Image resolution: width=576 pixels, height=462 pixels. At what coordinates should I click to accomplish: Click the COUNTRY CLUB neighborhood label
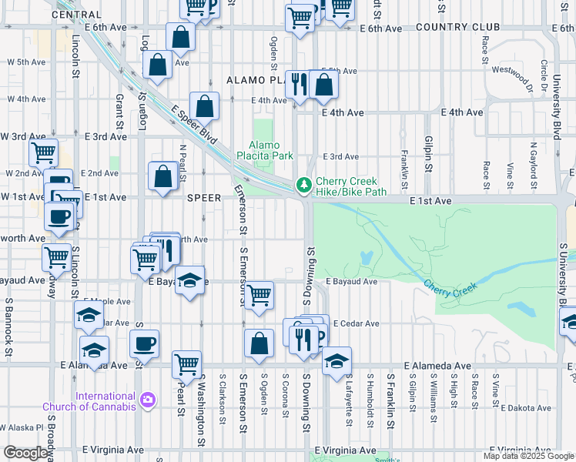(457, 27)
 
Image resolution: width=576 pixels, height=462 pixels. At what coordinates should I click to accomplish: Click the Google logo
(25, 454)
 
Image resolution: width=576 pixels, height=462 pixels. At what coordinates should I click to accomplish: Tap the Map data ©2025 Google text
(528, 456)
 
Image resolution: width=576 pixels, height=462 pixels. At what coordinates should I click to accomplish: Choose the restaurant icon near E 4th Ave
(297, 84)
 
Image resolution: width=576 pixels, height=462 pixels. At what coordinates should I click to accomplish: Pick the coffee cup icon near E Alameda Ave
(143, 345)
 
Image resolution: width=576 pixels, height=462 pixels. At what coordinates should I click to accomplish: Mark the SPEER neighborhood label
(205, 197)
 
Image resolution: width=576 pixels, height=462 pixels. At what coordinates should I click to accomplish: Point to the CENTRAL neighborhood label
(76, 15)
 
